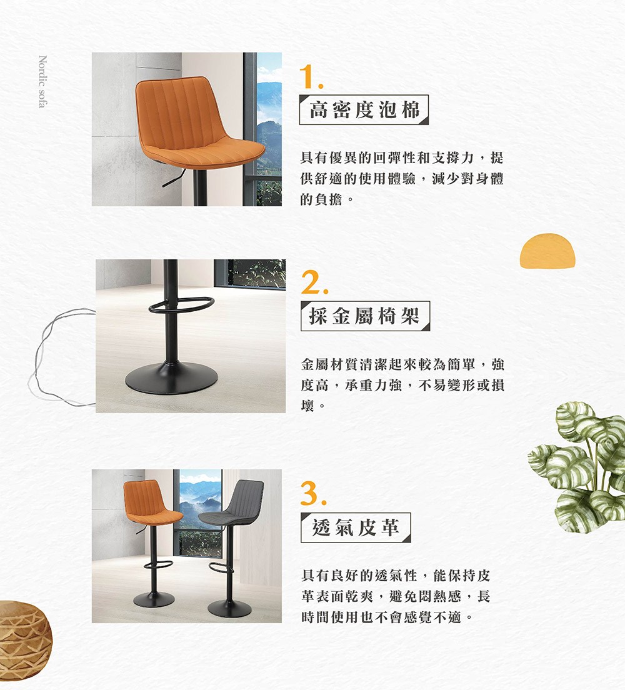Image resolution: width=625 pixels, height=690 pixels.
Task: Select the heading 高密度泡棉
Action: [364, 110]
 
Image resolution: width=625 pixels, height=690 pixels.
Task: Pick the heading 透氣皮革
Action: [356, 527]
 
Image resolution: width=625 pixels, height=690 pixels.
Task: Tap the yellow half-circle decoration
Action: [547, 251]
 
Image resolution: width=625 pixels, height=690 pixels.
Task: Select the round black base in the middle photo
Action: [171, 378]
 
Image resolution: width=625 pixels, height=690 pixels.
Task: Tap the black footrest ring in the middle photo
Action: [181, 305]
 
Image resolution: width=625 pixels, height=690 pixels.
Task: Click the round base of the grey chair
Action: [229, 608]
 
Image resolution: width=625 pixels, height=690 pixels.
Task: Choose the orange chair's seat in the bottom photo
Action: [155, 516]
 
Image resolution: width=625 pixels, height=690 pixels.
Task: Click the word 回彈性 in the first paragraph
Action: [414, 157]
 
